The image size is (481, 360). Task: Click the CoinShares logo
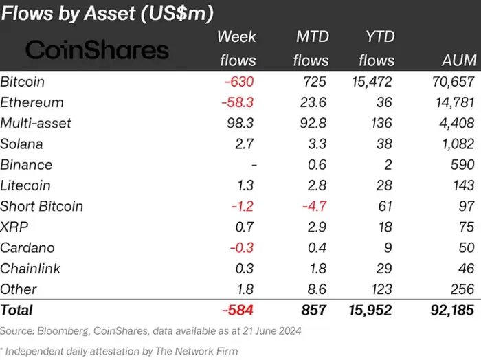coord(97,49)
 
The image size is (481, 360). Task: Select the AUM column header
coord(456,60)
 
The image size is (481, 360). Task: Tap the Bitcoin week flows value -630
coord(239,82)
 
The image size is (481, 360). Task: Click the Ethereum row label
coord(32,102)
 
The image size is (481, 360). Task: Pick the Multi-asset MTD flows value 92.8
coord(313,123)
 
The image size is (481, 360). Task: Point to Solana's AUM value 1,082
coord(455,144)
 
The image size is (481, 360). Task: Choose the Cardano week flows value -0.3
coord(243,247)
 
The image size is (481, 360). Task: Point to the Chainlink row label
coord(28,268)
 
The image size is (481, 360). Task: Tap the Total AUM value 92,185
coord(447,311)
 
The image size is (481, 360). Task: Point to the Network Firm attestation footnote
coord(121,351)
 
